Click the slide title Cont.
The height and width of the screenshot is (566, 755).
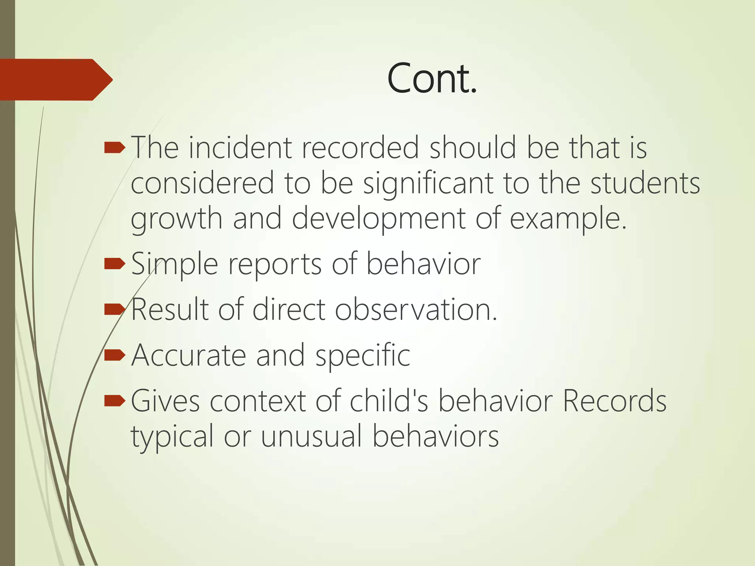(x=432, y=78)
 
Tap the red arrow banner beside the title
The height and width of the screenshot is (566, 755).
(x=55, y=80)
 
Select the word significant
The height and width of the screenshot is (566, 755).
(x=428, y=183)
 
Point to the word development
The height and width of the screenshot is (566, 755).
(x=379, y=219)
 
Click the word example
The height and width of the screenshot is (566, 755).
(x=568, y=219)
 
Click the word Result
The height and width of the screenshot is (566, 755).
(x=169, y=309)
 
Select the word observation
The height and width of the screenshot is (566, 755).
(x=416, y=309)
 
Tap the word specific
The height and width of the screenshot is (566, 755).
(x=363, y=356)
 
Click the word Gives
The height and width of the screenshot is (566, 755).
(x=165, y=401)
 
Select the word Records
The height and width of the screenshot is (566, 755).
(x=615, y=401)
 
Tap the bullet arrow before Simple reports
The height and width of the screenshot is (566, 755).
(x=115, y=264)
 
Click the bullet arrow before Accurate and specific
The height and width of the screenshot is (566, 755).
(x=115, y=355)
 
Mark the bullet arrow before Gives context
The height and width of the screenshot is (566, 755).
(x=115, y=401)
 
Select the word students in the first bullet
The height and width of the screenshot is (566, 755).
(x=645, y=183)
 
